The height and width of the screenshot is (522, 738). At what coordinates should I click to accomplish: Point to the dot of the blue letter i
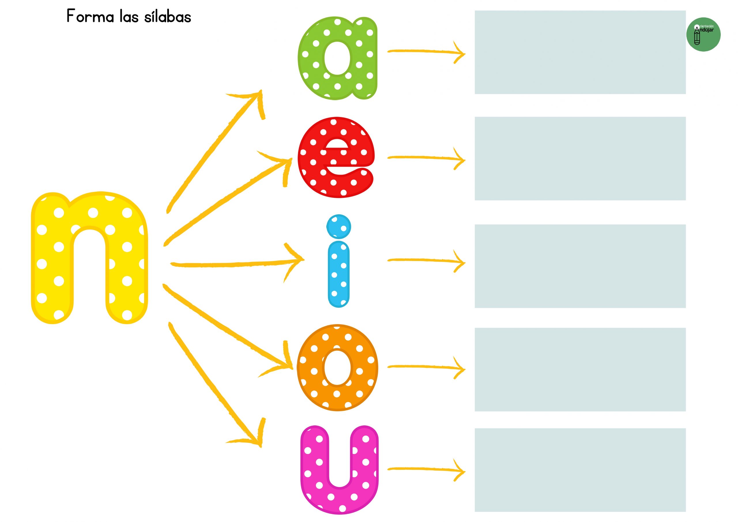click(x=338, y=227)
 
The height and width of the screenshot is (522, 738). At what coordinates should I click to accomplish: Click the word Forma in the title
click(x=90, y=16)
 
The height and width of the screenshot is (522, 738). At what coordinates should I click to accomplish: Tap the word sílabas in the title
click(x=167, y=16)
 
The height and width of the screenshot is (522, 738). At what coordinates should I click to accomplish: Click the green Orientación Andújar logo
click(x=703, y=34)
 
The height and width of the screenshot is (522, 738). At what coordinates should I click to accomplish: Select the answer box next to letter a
click(x=580, y=52)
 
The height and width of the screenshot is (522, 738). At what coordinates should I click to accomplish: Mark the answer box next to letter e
click(x=580, y=159)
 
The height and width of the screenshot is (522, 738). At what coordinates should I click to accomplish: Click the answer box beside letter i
click(x=580, y=266)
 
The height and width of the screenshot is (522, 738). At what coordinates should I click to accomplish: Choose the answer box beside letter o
click(x=580, y=369)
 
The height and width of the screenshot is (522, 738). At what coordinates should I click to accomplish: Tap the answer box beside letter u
click(x=580, y=474)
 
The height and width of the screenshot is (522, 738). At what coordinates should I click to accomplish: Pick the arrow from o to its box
click(x=426, y=367)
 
